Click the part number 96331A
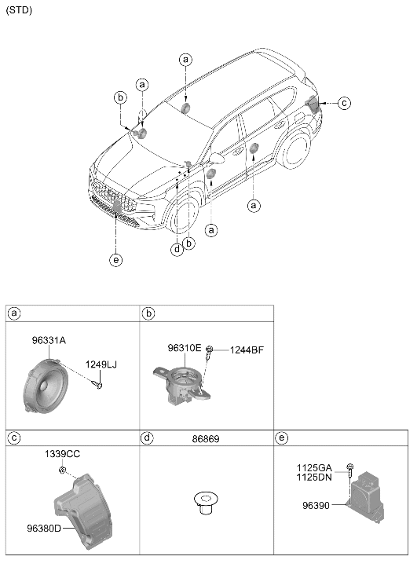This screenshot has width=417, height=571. [x=49, y=341]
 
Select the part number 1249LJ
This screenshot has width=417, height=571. [x=101, y=364]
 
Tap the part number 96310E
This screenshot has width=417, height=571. [x=185, y=348]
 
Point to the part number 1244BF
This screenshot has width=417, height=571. [x=247, y=350]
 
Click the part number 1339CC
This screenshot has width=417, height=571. [x=62, y=454]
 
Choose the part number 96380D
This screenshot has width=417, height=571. [x=44, y=528]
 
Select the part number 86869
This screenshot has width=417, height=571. [x=206, y=439]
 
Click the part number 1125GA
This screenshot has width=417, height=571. [x=314, y=468]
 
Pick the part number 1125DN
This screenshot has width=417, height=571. [x=314, y=477]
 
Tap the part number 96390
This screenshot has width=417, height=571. [x=316, y=506]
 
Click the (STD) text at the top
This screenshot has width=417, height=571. [x=19, y=10]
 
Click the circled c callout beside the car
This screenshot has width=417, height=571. [x=344, y=103]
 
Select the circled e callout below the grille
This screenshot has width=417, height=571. [x=115, y=260]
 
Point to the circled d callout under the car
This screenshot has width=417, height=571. [x=177, y=250]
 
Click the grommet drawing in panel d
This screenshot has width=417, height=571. [x=205, y=503]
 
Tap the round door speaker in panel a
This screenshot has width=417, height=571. [x=46, y=386]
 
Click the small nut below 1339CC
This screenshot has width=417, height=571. [x=62, y=470]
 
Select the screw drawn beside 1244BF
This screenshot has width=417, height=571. [x=209, y=352]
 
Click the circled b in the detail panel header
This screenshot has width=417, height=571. [x=148, y=313]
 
